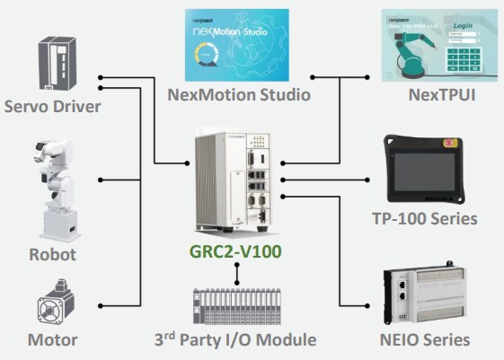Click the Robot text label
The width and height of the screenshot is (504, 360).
pos(52,255)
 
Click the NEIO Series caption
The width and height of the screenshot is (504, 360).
pos(423,340)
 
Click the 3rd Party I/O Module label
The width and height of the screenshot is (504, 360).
pos(237,340)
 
